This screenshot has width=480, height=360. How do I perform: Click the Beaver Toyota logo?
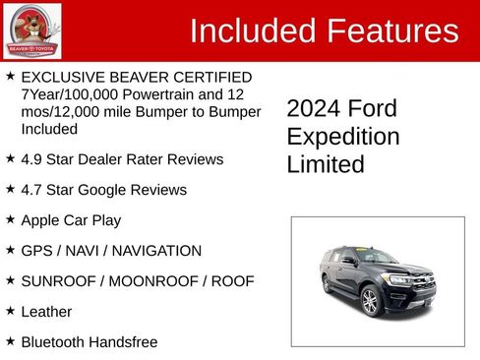pyautogui.click(x=32, y=30)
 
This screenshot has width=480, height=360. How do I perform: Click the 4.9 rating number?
pyautogui.click(x=31, y=159)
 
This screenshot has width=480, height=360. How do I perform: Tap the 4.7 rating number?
pyautogui.click(x=31, y=190)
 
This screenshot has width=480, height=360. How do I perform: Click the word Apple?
pyautogui.click(x=42, y=220)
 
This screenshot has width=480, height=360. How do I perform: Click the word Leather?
pyautogui.click(x=47, y=312)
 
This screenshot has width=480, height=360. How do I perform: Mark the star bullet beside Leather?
pyautogui.click(x=10, y=311)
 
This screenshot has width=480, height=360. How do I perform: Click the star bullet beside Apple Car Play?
pyautogui.click(x=10, y=219)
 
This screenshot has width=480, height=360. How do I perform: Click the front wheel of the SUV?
pyautogui.click(x=370, y=301)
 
